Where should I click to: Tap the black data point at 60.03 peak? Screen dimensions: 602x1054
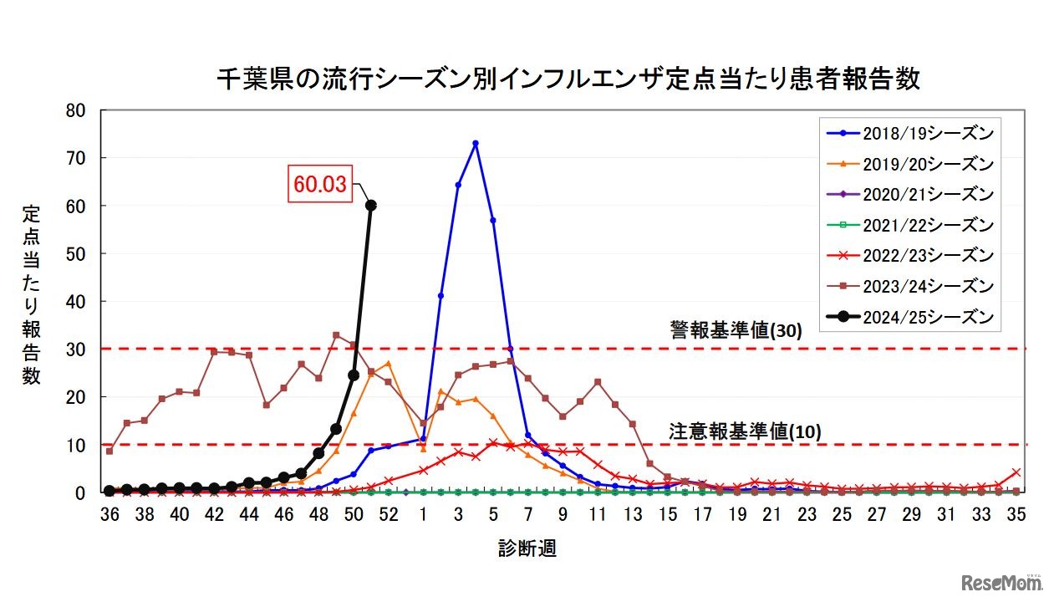click(371, 205)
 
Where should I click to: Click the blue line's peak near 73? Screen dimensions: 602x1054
click(476, 144)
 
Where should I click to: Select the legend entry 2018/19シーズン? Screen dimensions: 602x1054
click(908, 133)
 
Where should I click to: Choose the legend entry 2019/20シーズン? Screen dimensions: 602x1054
click(908, 163)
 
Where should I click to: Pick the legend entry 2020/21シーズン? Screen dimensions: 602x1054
click(908, 194)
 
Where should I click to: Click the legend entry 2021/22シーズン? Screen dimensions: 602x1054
click(908, 225)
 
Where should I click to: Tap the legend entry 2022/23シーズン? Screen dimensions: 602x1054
click(908, 255)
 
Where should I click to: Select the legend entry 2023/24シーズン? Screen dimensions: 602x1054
click(908, 286)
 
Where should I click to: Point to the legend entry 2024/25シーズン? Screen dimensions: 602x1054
click(908, 317)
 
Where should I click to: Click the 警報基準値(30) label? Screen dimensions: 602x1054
click(735, 330)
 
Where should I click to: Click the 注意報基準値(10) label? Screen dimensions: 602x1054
click(745, 431)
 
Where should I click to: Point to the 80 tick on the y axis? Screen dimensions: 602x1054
click(76, 110)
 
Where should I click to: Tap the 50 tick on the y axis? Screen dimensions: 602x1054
click(76, 253)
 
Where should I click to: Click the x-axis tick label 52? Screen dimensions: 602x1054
click(388, 515)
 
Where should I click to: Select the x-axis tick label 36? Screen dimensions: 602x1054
click(109, 515)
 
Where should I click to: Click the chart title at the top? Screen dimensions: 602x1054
click(568, 79)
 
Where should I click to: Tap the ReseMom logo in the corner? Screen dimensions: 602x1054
click(1001, 581)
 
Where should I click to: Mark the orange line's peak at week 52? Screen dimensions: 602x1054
click(389, 364)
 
